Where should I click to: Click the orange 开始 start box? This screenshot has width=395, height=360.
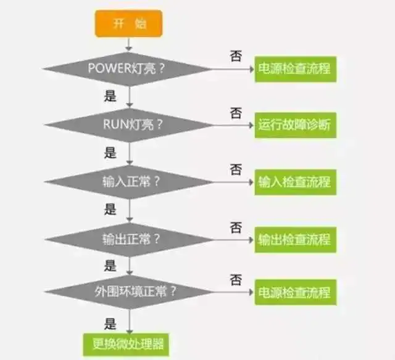[x=128, y=23]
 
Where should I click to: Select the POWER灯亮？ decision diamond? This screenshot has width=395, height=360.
[x=128, y=69]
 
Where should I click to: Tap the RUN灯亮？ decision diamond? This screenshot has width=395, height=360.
[x=129, y=125]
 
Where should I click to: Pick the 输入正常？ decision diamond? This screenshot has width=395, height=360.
[x=129, y=182]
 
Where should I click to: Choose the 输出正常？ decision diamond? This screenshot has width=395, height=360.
[x=130, y=240]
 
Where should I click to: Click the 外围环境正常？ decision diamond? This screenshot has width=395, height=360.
[x=130, y=292]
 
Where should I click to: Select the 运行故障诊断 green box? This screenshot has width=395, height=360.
[x=296, y=125]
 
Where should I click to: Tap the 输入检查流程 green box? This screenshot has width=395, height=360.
[x=296, y=182]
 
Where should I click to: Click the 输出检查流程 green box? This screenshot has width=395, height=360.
[x=296, y=240]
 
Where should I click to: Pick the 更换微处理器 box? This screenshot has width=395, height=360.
[x=126, y=345]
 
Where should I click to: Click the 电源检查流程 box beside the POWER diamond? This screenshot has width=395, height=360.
[x=296, y=69]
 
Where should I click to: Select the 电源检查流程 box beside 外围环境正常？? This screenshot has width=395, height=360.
[x=296, y=292]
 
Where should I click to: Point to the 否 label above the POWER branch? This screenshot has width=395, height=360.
[x=236, y=55]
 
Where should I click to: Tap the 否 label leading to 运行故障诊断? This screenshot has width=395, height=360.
[x=236, y=113]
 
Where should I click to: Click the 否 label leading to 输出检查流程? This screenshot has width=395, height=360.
[x=236, y=227]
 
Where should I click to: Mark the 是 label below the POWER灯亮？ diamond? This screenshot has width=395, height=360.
[x=110, y=96]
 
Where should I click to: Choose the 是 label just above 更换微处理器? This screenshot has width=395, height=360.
[x=110, y=324]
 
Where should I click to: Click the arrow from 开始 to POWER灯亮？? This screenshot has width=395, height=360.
[x=129, y=44]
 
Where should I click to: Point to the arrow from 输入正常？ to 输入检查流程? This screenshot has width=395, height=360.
[x=233, y=182]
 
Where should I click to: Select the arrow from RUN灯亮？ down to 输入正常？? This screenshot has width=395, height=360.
[x=130, y=153]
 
